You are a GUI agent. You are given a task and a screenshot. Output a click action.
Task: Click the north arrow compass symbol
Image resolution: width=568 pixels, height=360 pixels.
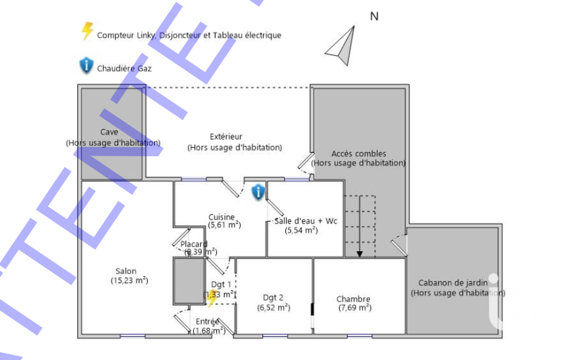[x=341, y=44]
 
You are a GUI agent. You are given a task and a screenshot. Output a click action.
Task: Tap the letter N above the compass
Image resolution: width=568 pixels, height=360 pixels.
[x=374, y=16]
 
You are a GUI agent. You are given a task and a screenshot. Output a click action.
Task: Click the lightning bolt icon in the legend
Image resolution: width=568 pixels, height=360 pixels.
[x=87, y=31]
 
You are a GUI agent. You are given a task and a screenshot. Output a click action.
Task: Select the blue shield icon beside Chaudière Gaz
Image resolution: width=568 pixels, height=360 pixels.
[x=86, y=66]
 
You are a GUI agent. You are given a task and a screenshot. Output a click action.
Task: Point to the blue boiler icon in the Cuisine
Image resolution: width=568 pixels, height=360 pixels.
[x=258, y=192]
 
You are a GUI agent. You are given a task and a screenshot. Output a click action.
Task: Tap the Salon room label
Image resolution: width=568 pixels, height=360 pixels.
[x=126, y=271]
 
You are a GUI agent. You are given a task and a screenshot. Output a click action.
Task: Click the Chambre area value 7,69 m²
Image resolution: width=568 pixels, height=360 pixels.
[x=355, y=308]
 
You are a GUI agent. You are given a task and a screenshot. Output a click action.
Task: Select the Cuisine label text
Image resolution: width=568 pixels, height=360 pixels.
[x=222, y=217]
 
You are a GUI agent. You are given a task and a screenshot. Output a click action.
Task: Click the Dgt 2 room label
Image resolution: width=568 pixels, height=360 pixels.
[x=274, y=297]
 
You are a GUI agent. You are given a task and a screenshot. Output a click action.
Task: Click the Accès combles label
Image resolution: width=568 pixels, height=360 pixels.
[x=359, y=153]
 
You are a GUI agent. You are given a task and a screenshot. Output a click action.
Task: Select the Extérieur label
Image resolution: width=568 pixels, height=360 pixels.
[x=226, y=136]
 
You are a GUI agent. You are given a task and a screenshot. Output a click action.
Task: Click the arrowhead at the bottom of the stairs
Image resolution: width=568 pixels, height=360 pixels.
[x=360, y=254]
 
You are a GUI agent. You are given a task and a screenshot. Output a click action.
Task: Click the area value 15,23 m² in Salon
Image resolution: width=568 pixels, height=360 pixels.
[x=130, y=281]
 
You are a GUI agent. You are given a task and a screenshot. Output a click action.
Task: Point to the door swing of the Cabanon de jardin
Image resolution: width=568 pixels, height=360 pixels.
[x=399, y=244]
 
